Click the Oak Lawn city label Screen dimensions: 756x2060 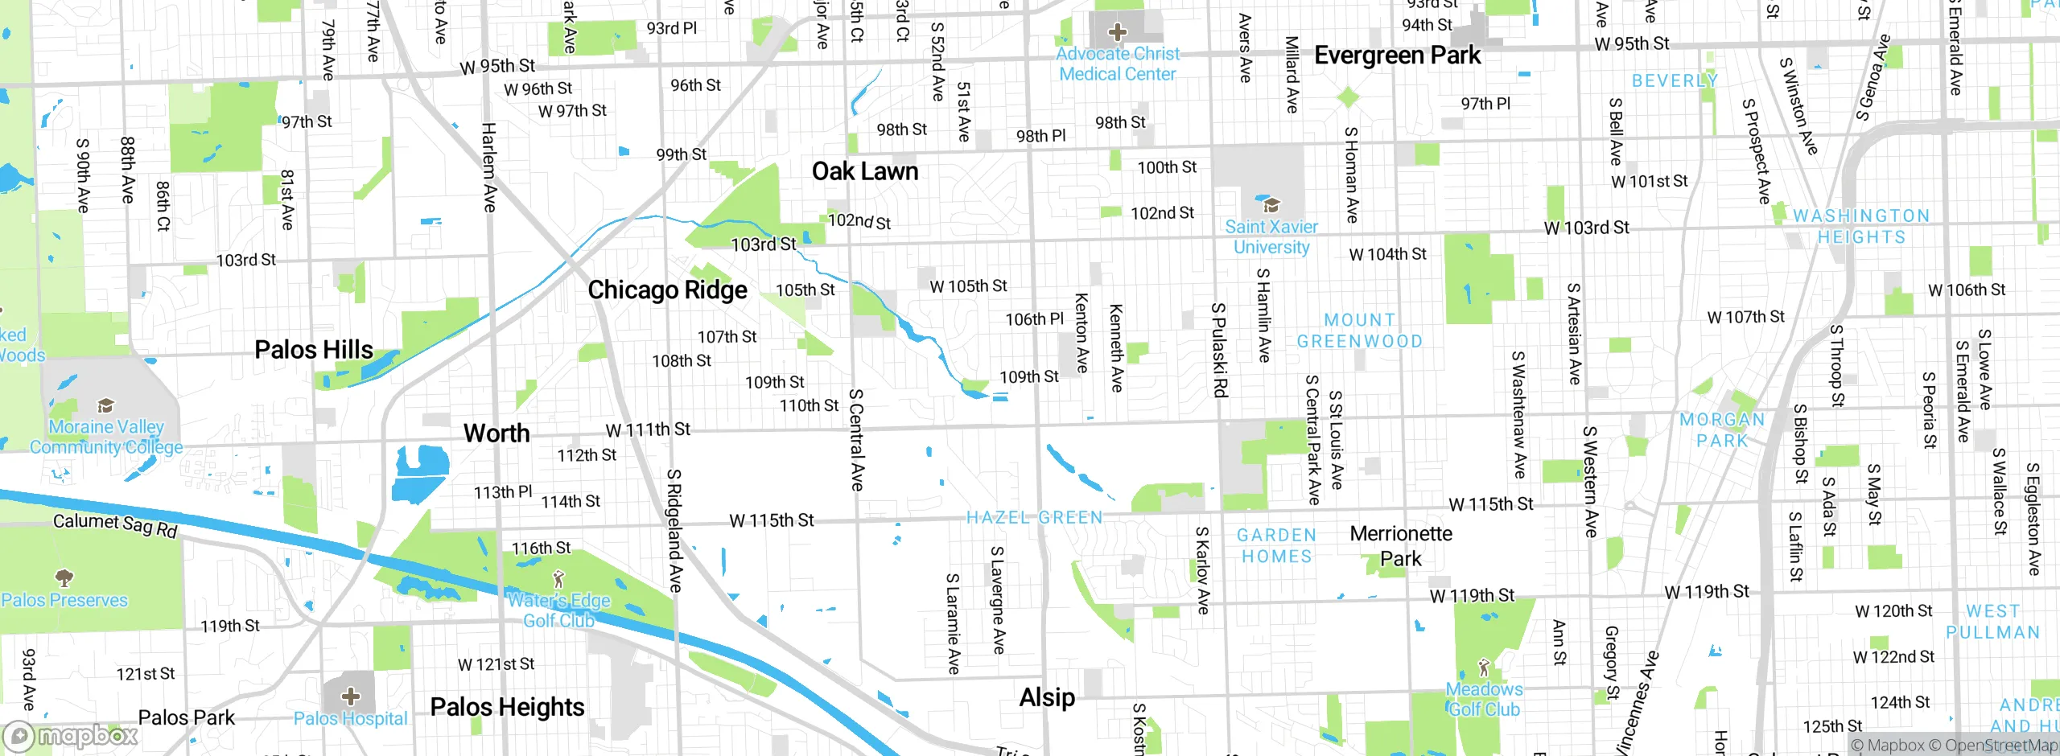point(864,171)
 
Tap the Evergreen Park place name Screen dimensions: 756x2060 point(1397,55)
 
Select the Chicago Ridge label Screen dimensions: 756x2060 point(667,290)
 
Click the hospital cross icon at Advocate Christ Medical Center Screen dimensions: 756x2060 point(1117,32)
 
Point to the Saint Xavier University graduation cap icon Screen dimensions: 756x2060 point(1271,205)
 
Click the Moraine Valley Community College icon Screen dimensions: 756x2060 point(105,405)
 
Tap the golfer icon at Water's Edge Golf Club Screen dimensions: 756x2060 point(559,579)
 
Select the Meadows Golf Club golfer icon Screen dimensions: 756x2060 point(1484,668)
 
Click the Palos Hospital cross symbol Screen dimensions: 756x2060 point(350,696)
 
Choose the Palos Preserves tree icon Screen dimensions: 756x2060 point(64,577)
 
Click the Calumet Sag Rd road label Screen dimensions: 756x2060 point(115,525)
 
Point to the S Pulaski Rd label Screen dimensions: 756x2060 point(1220,350)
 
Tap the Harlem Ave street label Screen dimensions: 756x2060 point(489,167)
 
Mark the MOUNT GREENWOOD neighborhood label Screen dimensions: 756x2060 point(1359,331)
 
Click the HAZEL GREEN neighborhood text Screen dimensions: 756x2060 point(1034,518)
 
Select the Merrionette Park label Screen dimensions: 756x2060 point(1401,546)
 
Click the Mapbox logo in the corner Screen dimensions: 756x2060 point(72,736)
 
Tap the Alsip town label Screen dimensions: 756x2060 point(1047,697)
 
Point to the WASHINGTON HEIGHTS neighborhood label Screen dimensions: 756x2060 point(1861,227)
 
